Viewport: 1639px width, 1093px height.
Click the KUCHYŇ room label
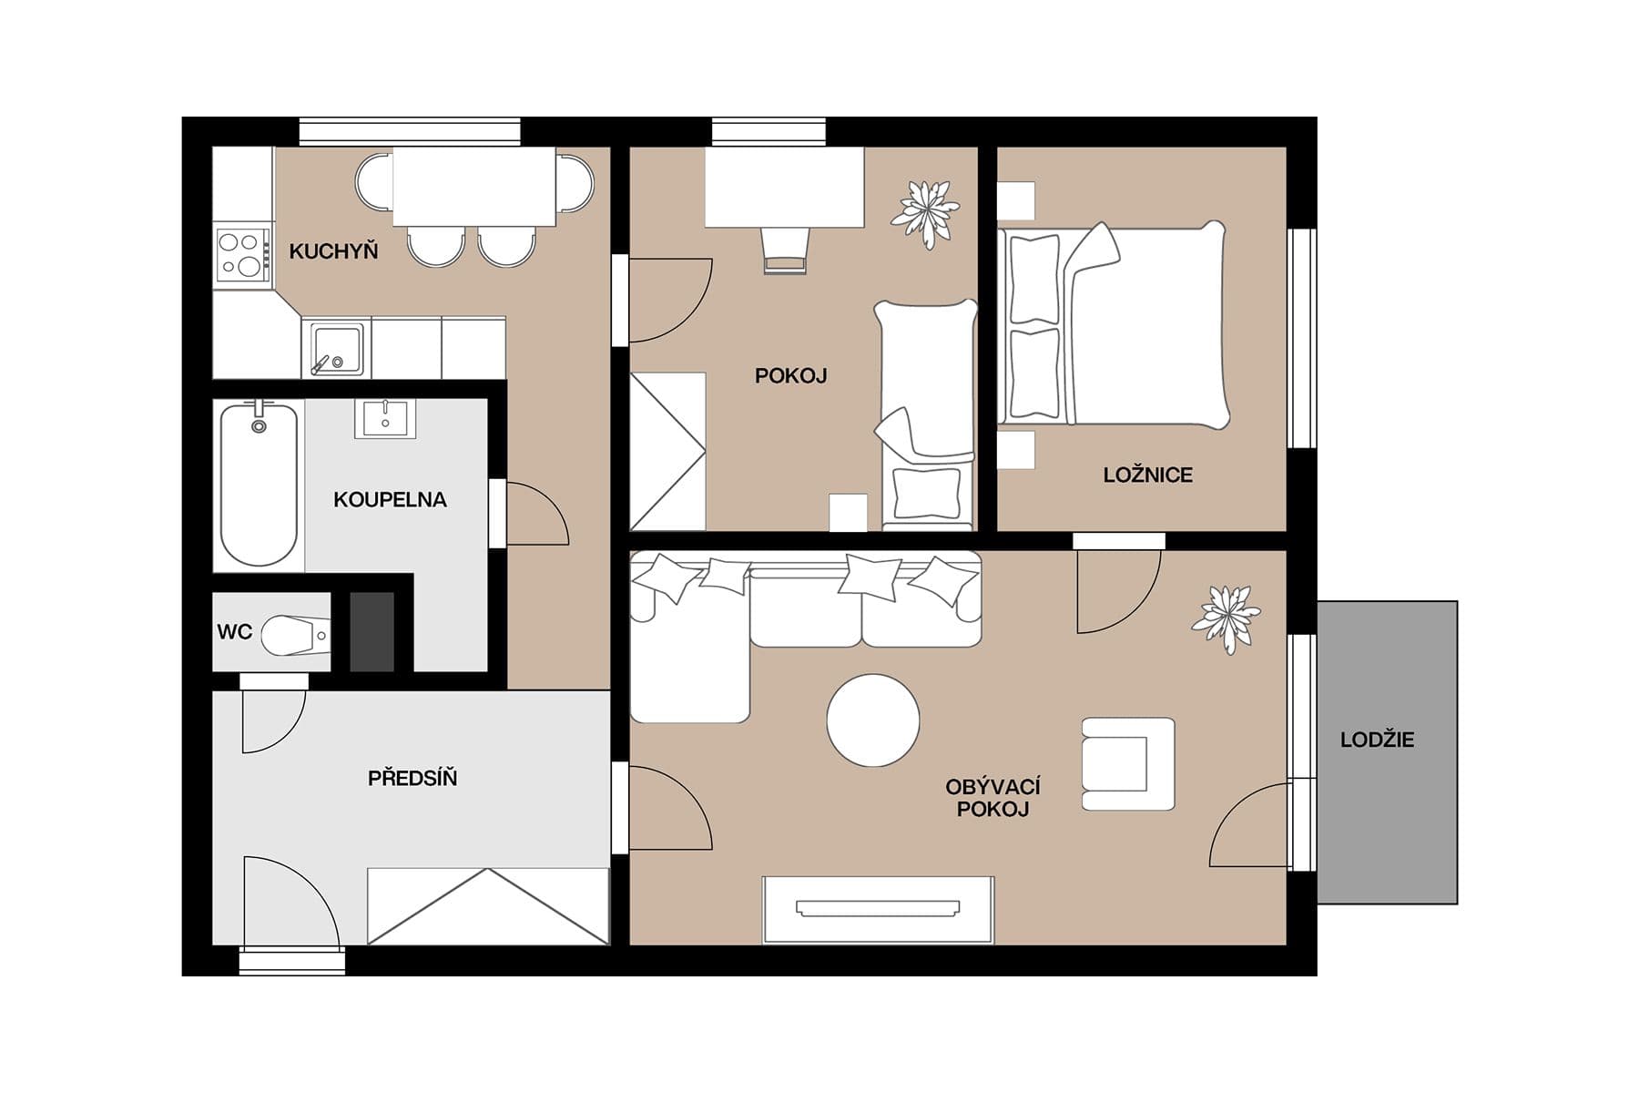pos(333,251)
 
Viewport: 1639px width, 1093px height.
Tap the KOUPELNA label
pos(390,499)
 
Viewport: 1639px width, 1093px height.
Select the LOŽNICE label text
pos(1147,475)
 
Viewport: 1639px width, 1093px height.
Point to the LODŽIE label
pos(1377,740)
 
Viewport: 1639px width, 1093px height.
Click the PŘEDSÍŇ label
pos(412,778)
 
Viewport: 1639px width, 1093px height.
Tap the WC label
pos(234,632)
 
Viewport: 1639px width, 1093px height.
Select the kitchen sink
pos(336,347)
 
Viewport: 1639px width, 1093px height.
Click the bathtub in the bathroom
pos(260,485)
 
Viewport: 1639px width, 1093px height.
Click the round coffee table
pos(872,720)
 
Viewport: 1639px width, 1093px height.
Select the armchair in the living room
pos(1127,764)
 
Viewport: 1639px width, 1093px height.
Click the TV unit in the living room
pos(878,909)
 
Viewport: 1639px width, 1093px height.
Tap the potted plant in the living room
pos(1226,617)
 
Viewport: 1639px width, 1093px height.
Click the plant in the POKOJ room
pos(925,213)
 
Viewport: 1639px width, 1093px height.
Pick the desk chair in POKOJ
pos(785,250)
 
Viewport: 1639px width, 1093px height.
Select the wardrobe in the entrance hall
pos(488,906)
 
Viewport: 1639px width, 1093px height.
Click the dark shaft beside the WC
pos(372,632)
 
